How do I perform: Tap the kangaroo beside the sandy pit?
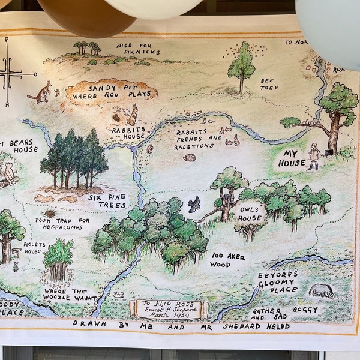(40, 92)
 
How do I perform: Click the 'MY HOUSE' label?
(291, 158)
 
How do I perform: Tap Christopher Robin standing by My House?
(313, 156)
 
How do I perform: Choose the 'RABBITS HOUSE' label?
(127, 133)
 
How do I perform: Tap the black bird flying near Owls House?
(194, 204)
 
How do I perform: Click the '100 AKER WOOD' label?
(228, 260)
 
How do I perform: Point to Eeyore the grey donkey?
(322, 290)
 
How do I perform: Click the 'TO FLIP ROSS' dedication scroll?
(169, 308)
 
